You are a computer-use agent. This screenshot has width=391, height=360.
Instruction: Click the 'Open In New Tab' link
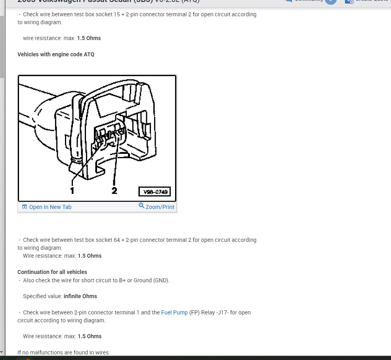pyautogui.click(x=50, y=207)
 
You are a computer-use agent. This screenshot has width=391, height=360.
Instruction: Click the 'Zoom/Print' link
pyautogui.click(x=160, y=207)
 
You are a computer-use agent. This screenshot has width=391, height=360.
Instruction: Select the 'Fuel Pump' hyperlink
pyautogui.click(x=174, y=312)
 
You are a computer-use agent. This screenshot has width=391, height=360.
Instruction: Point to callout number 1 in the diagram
pyautogui.click(x=72, y=191)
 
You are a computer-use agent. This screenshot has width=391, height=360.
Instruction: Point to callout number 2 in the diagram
pyautogui.click(x=114, y=191)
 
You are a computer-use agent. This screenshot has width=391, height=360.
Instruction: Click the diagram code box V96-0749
pyautogui.click(x=154, y=192)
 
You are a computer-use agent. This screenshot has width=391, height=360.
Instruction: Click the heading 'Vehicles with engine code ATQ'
pyautogui.click(x=56, y=54)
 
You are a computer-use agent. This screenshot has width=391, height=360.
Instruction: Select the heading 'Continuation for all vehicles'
pyautogui.click(x=52, y=272)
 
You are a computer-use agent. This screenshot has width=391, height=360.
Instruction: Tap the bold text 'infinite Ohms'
pyautogui.click(x=80, y=296)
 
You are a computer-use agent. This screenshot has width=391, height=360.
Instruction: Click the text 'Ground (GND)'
pyautogui.click(x=152, y=280)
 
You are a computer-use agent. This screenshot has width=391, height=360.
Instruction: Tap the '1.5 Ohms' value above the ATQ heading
pyautogui.click(x=89, y=38)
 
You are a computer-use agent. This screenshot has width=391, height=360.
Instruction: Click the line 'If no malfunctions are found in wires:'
pyautogui.click(x=63, y=352)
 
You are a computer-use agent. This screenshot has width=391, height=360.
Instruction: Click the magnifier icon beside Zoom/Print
pyautogui.click(x=141, y=206)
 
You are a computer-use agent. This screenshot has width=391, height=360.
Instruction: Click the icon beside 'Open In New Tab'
pyautogui.click(x=25, y=207)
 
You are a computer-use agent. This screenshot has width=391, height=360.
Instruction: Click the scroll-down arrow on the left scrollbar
pyautogui.click(x=2, y=352)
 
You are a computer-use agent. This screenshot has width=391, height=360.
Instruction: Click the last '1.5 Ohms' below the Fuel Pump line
pyautogui.click(x=90, y=336)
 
